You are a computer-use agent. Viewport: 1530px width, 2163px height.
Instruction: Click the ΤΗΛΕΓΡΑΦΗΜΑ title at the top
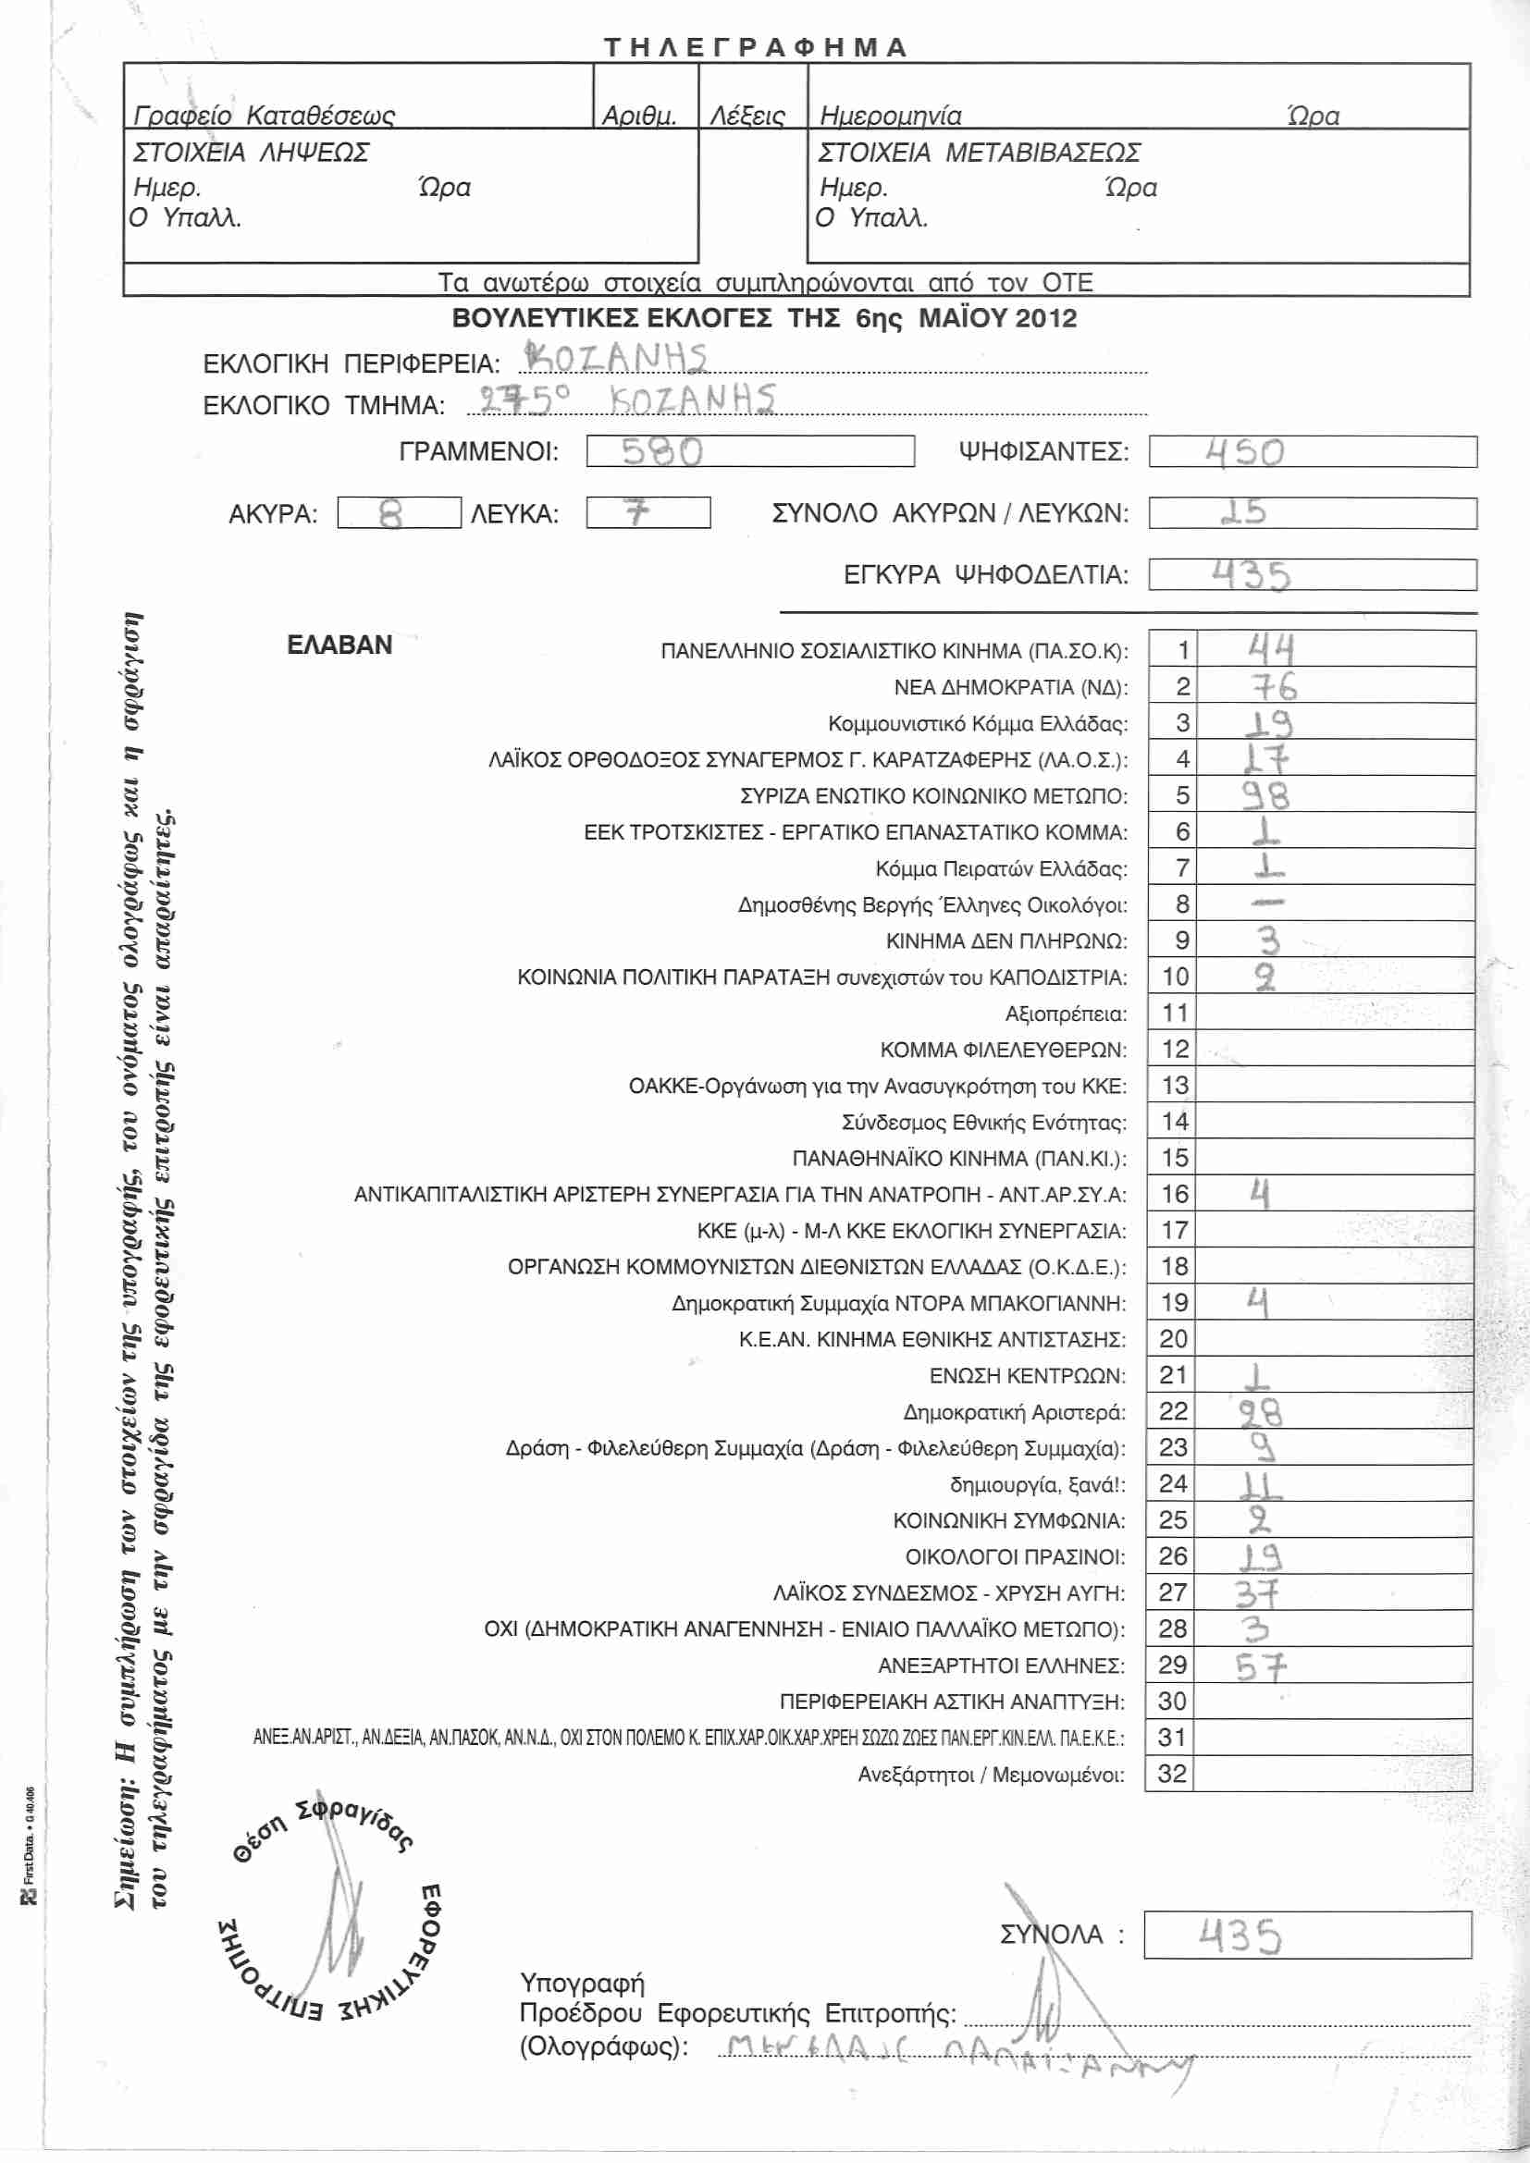coord(755,47)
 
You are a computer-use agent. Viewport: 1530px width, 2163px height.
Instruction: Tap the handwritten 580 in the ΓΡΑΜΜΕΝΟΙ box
coord(661,452)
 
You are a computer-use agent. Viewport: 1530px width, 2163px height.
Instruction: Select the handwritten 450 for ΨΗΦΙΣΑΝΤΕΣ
coord(1244,452)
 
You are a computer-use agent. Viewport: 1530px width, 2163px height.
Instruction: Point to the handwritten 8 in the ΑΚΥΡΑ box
coord(390,514)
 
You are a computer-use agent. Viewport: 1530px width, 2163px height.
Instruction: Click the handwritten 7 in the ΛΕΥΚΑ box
coord(638,512)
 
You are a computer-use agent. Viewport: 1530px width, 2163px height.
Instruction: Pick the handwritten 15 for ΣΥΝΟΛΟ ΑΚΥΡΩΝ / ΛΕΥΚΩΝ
coord(1243,512)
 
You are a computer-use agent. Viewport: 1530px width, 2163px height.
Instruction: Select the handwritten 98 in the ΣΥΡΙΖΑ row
coord(1264,796)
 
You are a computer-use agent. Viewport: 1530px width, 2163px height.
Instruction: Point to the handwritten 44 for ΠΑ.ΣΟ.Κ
coord(1271,649)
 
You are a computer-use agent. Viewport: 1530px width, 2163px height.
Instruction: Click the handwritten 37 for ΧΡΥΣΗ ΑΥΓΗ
coord(1257,1594)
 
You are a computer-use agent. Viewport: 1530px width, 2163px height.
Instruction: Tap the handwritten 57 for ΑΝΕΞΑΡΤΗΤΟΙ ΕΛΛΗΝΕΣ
coord(1261,1667)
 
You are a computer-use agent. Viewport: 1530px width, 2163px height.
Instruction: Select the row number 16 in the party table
coord(1175,1195)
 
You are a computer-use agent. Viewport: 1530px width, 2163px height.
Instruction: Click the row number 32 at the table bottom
coord(1172,1774)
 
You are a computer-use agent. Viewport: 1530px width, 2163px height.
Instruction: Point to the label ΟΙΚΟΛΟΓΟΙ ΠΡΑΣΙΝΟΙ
coord(1015,1557)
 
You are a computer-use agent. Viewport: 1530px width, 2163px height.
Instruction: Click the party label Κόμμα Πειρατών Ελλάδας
coord(1001,868)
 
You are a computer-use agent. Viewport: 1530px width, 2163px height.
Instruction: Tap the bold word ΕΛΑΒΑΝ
coord(339,645)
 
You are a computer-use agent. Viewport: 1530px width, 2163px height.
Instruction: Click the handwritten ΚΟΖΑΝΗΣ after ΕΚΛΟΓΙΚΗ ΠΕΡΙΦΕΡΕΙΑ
coord(615,359)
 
